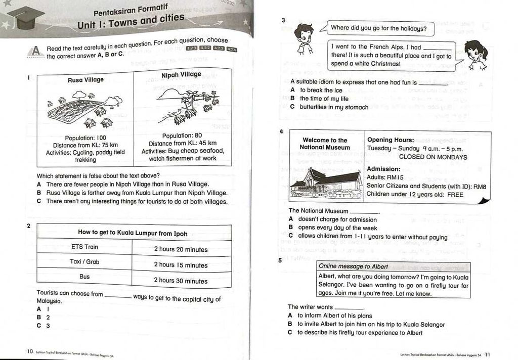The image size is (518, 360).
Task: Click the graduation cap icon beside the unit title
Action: (x=26, y=18)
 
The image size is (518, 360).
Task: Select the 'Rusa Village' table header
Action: (x=85, y=80)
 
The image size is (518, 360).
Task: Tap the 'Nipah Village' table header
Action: (x=181, y=75)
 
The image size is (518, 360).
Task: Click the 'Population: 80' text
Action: (x=182, y=136)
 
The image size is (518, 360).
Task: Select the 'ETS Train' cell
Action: (x=84, y=247)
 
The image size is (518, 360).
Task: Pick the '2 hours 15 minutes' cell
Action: (x=181, y=265)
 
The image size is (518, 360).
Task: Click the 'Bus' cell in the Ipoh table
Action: (x=84, y=277)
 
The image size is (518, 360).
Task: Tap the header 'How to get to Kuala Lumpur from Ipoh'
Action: (x=133, y=233)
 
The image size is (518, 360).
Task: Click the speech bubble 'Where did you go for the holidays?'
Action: (x=378, y=28)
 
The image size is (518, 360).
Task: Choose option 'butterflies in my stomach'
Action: (x=334, y=107)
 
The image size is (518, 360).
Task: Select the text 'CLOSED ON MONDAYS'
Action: (x=433, y=157)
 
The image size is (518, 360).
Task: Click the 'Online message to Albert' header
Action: (x=354, y=266)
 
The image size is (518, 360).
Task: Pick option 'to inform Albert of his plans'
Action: (x=334, y=316)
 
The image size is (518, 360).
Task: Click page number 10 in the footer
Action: (x=30, y=351)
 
